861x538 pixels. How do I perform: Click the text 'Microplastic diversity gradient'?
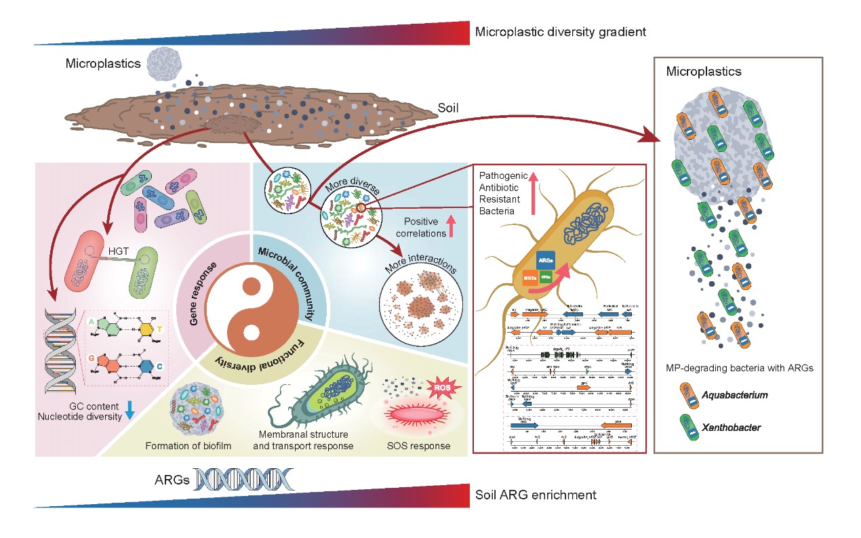[x=561, y=31]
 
